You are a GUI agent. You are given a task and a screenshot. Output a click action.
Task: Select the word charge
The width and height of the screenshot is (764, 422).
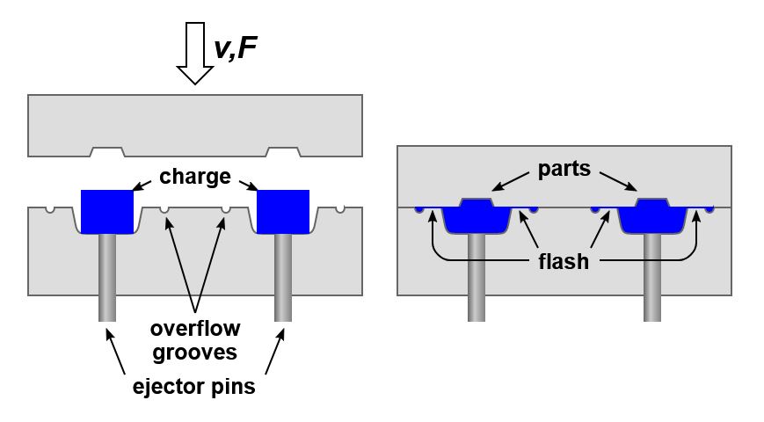coord(194,177)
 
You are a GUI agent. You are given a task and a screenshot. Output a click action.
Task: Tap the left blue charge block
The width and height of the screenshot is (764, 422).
coord(106,211)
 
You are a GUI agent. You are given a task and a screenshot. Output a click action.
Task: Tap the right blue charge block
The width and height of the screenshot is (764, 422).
coord(282,211)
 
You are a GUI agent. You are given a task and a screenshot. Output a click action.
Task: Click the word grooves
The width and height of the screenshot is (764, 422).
coord(194,353)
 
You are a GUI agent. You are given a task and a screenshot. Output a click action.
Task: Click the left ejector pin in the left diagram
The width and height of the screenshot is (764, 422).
coord(106,277)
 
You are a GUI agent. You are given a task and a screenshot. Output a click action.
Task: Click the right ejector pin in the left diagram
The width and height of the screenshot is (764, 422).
coord(282,277)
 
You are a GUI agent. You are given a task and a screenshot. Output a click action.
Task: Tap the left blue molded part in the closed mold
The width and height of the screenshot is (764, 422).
coord(476,216)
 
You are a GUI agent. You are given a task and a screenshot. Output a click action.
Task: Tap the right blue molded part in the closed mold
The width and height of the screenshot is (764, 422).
coord(651,216)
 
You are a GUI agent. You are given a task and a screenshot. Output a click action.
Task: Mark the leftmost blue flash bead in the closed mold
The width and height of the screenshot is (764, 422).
coord(419,209)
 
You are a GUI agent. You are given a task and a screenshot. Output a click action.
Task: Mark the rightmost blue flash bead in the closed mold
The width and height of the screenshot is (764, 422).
coord(709,209)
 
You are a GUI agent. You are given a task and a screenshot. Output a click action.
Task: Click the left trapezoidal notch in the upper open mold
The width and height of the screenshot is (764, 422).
coord(106,151)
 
